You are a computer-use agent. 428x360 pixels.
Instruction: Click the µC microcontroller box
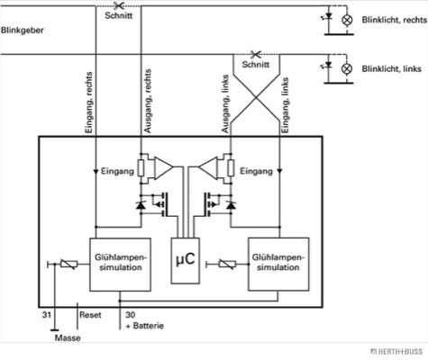[186, 261]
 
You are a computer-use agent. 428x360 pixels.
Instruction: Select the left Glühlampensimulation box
[120, 265]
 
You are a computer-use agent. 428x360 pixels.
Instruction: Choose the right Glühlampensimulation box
[278, 265]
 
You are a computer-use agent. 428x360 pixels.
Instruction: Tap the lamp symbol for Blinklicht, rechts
[347, 20]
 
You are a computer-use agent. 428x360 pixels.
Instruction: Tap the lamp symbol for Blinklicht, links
[347, 68]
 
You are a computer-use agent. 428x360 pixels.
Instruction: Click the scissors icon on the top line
[119, 5]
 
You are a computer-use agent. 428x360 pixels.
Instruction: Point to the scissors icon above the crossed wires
[256, 54]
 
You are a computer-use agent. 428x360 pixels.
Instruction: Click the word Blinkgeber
[23, 31]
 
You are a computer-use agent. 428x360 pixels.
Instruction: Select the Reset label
[90, 315]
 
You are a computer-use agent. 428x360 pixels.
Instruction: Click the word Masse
[68, 337]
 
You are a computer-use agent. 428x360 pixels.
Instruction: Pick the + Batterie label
[145, 326]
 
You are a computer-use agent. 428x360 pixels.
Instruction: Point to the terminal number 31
[46, 315]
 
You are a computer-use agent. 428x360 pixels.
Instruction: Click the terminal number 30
[131, 315]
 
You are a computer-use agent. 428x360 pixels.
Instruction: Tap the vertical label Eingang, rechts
[89, 103]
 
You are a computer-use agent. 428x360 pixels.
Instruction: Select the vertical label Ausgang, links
[225, 103]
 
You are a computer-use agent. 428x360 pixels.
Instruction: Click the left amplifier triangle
[163, 167]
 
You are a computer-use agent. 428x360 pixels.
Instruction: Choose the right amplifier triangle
[208, 167]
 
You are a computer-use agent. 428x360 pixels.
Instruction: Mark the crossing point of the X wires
[256, 97]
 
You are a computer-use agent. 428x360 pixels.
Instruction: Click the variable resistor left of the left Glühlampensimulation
[68, 264]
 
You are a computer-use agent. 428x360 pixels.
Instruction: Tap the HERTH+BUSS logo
[396, 352]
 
